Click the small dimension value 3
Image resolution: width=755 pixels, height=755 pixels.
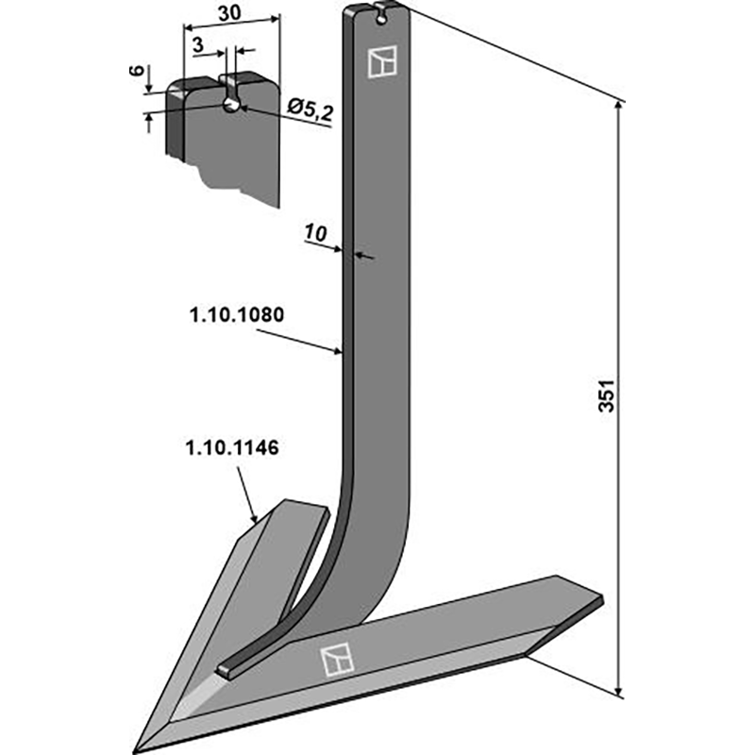196,44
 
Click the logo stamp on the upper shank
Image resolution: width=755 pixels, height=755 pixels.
382,60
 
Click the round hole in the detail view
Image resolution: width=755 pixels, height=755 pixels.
231,105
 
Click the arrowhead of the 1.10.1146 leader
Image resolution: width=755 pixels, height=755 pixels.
256,519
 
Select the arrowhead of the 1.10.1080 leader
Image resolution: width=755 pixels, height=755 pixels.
341,353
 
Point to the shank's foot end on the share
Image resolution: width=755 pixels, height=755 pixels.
226,669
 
